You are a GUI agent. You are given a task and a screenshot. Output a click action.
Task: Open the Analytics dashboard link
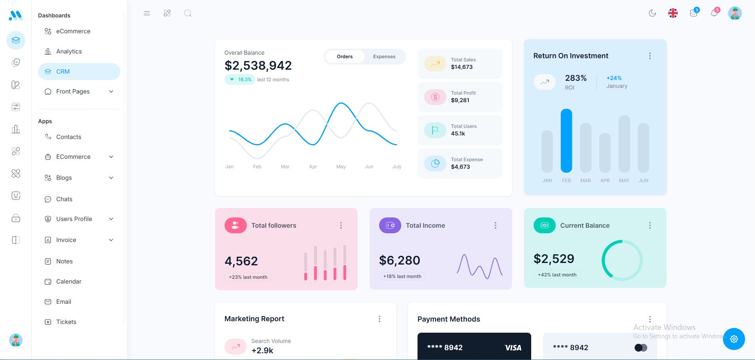(69, 51)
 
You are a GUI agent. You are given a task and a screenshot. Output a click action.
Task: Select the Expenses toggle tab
(384, 57)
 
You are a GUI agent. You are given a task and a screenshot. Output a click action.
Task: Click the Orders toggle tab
(345, 57)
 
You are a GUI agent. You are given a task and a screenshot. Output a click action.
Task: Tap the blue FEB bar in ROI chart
(566, 141)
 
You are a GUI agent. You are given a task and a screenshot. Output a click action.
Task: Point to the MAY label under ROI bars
(624, 181)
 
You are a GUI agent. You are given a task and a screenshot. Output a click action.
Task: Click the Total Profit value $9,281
(460, 100)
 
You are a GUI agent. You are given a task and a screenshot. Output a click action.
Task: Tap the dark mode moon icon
(652, 13)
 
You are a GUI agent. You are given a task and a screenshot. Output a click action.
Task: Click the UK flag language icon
(673, 13)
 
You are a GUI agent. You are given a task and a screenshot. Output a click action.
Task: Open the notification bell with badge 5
(714, 13)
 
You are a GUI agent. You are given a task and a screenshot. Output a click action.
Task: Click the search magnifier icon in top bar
(188, 13)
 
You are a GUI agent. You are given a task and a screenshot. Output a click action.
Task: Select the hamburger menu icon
(147, 13)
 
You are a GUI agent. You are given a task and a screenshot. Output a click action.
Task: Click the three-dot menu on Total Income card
(495, 225)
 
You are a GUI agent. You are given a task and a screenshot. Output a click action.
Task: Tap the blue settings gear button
(734, 339)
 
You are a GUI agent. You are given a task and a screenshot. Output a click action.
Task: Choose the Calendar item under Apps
(69, 282)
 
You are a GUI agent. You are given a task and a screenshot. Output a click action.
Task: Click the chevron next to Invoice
(111, 240)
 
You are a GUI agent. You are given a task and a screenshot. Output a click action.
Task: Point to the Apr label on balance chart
(313, 167)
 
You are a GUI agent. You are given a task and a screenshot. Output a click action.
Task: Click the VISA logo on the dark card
(513, 348)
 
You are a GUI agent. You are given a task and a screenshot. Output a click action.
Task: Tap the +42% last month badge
(557, 275)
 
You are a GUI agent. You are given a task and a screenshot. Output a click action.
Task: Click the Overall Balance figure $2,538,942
(258, 65)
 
